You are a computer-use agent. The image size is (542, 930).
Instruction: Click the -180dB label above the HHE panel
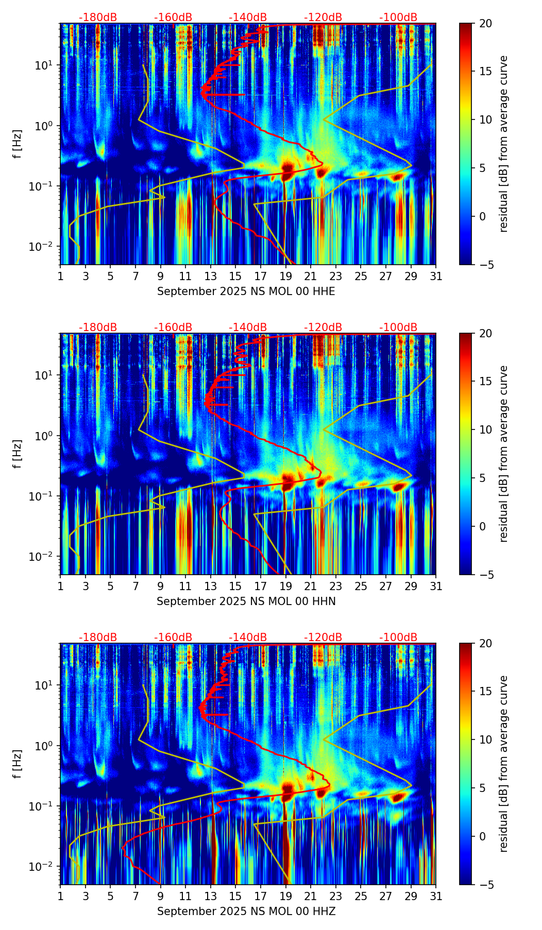point(98,18)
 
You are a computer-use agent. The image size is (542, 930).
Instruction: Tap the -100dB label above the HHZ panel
point(398,638)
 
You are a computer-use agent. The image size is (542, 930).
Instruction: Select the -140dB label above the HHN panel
point(248,328)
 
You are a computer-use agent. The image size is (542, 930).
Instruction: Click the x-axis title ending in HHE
point(246,291)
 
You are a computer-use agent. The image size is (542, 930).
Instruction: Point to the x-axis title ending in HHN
point(246,601)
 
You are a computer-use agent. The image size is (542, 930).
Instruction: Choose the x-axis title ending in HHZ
point(246,911)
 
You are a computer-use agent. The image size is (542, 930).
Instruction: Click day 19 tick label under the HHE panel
point(285,277)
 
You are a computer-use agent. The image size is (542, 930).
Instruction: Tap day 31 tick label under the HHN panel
point(435,587)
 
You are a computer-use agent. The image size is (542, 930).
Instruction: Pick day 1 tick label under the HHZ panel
point(61,897)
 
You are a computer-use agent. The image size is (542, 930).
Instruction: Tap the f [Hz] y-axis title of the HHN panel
point(18,454)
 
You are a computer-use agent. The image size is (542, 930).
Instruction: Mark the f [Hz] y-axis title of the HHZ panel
point(18,764)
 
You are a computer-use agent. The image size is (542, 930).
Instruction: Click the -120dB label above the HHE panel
point(323,18)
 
